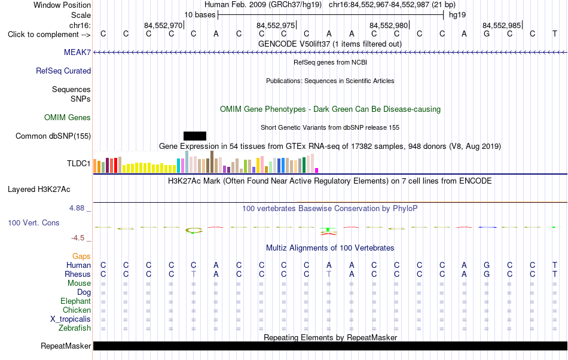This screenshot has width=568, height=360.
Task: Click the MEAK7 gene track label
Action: (77, 52)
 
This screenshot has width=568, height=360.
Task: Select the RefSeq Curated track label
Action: (63, 71)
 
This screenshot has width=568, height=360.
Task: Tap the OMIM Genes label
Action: (68, 117)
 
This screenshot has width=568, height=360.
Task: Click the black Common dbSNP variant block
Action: (195, 136)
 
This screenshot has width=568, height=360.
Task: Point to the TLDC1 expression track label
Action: (78, 163)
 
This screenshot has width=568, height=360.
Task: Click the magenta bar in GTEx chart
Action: (317, 170)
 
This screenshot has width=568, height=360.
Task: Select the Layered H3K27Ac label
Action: (39, 189)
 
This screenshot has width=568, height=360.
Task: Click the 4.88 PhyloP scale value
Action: (77, 208)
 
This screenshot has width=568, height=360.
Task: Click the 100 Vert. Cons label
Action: (33, 222)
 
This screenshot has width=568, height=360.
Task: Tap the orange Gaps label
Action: (81, 256)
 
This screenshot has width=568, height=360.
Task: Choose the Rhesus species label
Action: (78, 274)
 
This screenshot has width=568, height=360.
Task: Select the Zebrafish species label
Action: (75, 328)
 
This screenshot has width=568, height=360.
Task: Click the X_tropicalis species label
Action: (71, 319)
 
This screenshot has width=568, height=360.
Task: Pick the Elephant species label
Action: (76, 301)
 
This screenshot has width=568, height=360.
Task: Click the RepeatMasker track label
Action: (66, 346)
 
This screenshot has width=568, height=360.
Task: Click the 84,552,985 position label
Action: (502, 25)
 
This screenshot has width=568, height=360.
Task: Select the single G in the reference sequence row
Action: (487, 33)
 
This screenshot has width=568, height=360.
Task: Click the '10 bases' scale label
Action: (200, 15)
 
